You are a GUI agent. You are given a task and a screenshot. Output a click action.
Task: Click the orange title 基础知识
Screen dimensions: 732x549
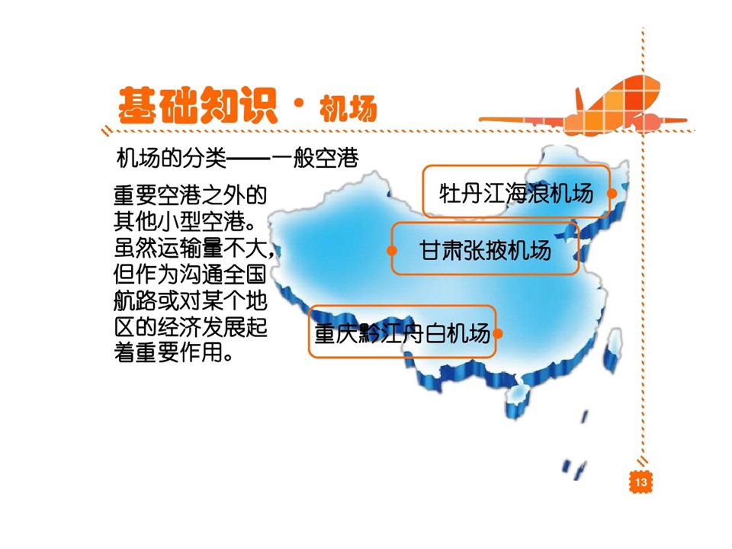pos(197,105)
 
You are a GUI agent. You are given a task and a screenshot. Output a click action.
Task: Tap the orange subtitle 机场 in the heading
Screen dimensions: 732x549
pos(348,109)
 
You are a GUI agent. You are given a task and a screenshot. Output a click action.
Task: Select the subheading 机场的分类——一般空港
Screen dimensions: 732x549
pos(237,159)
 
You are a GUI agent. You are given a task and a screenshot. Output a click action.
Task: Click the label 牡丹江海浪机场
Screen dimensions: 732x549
pos(516,193)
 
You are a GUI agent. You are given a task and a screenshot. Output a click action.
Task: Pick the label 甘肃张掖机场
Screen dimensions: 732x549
pos(485,250)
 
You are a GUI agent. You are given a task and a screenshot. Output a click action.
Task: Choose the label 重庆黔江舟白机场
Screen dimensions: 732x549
pos(402,333)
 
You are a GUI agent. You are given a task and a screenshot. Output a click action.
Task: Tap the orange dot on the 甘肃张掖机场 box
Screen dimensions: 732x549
pos(392,251)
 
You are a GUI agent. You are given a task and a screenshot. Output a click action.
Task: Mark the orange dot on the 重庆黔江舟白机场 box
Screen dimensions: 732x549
pos(497,333)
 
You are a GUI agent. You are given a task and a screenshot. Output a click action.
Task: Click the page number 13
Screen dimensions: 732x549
pos(640,482)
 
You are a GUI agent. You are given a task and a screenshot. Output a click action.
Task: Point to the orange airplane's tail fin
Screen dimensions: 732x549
pos(580,100)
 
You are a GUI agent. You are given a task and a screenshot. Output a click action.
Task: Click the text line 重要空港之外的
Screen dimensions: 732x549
pos(190,196)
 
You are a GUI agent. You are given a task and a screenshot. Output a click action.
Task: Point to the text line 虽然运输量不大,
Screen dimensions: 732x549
pos(194,248)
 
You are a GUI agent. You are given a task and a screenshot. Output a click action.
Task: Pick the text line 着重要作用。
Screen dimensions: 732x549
pos(173,352)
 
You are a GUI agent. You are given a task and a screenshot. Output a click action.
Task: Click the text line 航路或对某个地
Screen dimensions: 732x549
pos(190,300)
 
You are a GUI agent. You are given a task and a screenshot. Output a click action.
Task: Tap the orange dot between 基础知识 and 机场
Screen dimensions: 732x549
pos(299,103)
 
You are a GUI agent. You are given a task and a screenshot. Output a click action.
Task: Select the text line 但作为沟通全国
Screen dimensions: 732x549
pos(190,274)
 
